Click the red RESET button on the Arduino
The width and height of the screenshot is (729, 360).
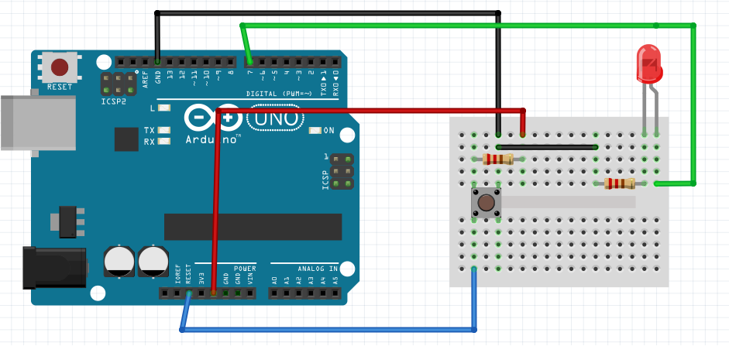coord(60,67)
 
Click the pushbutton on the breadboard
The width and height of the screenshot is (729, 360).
coord(487,203)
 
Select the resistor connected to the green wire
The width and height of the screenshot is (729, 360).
coord(619,183)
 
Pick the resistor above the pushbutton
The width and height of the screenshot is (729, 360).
coord(497,159)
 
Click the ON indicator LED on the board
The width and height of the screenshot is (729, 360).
coord(315,130)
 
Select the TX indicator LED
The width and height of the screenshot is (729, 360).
coord(163,130)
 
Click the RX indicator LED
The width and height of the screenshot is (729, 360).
coord(163,142)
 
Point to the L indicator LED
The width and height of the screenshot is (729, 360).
coord(163,108)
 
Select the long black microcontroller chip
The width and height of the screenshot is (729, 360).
coord(253,226)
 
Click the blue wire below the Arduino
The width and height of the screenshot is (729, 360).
coord(325,330)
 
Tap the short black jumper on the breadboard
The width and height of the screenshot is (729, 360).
coord(547,146)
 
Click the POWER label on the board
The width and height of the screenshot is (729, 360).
coord(245,269)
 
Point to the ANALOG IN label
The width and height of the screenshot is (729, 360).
coord(319,269)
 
